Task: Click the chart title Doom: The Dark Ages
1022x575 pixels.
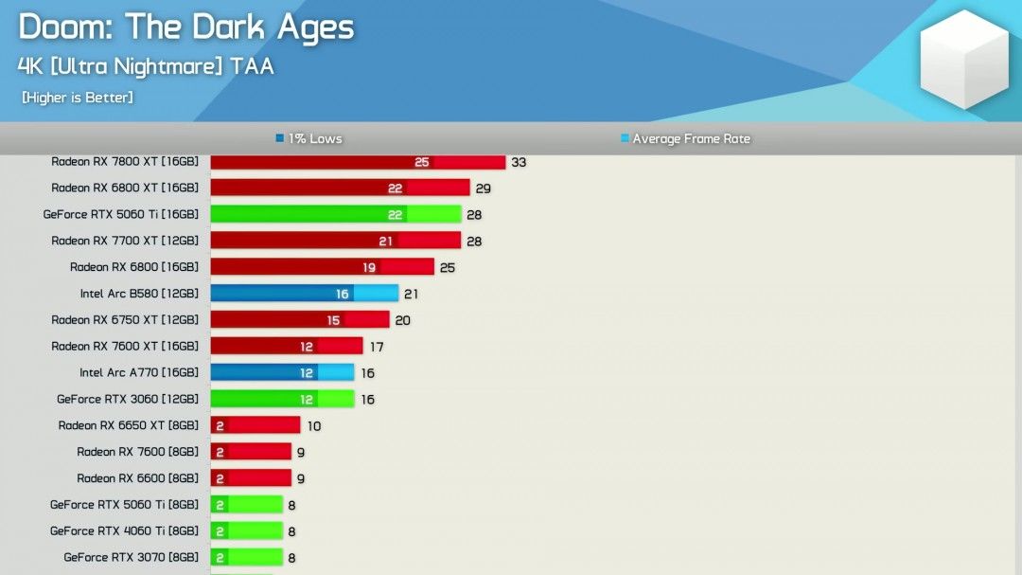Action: pyautogui.click(x=185, y=27)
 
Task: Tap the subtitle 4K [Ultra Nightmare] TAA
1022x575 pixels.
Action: pyautogui.click(x=146, y=67)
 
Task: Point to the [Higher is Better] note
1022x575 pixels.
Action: pyautogui.click(x=78, y=98)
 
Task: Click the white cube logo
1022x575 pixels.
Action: pyautogui.click(x=965, y=59)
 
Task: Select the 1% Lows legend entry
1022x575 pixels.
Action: pyautogui.click(x=309, y=139)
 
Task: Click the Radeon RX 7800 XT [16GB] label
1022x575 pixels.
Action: pyautogui.click(x=125, y=162)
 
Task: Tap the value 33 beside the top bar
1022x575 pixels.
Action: pyautogui.click(x=519, y=162)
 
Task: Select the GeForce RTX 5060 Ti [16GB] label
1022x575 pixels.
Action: pyautogui.click(x=121, y=215)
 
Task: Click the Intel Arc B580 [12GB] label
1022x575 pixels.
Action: pyautogui.click(x=139, y=294)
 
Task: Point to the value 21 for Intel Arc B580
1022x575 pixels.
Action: pyautogui.click(x=411, y=294)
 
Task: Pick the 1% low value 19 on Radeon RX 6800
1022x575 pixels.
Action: pyautogui.click(x=369, y=268)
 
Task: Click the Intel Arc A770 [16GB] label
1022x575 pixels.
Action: pyautogui.click(x=139, y=373)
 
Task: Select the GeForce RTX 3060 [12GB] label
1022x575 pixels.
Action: pyautogui.click(x=128, y=400)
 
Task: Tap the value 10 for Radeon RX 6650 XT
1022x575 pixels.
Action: pyautogui.click(x=314, y=426)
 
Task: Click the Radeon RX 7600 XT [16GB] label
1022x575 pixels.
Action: pyautogui.click(x=125, y=347)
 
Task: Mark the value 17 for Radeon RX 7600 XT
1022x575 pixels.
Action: pyautogui.click(x=376, y=348)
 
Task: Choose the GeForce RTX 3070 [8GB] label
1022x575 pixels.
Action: pyautogui.click(x=132, y=558)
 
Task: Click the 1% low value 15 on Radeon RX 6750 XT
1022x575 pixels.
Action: pyautogui.click(x=333, y=321)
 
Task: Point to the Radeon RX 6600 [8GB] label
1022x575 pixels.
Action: pyautogui.click(x=138, y=478)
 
